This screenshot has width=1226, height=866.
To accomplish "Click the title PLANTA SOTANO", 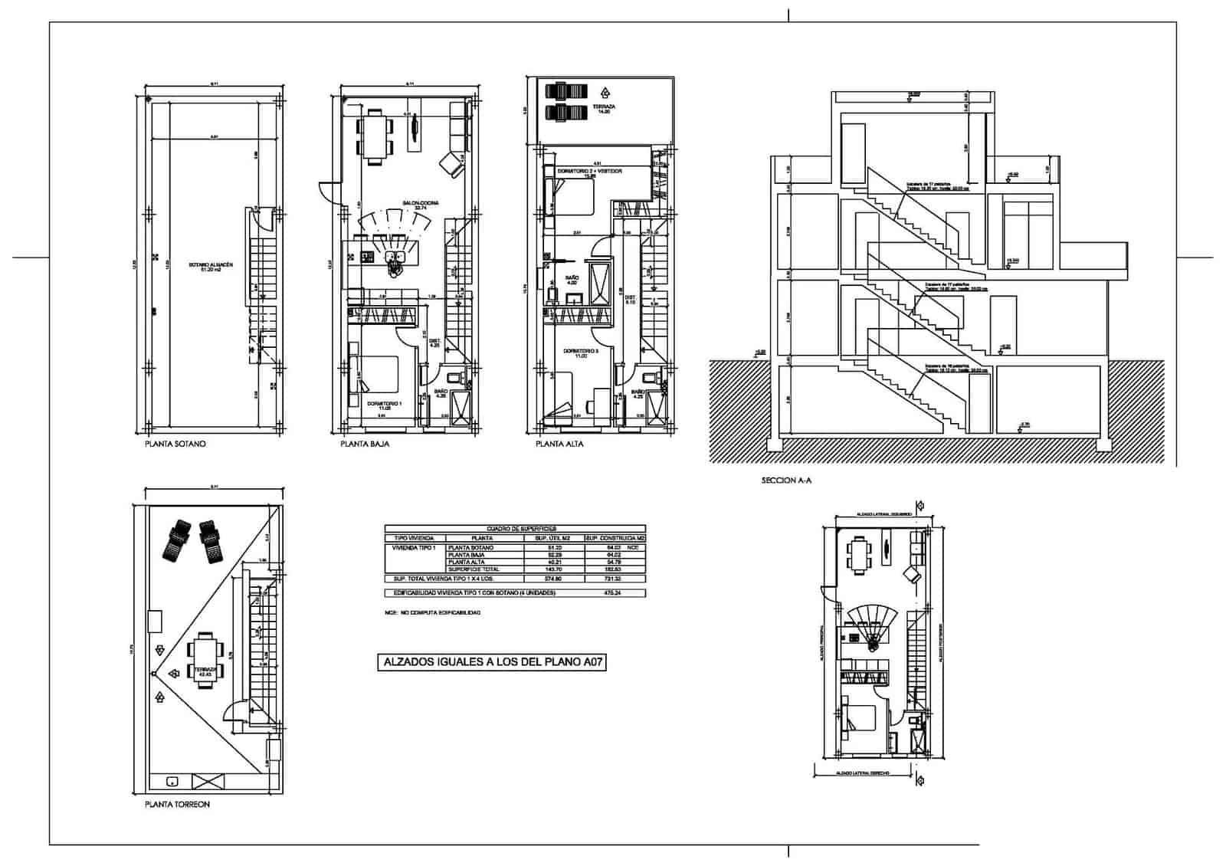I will tap(175, 444).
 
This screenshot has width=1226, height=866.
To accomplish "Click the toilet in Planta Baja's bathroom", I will tap(454, 377).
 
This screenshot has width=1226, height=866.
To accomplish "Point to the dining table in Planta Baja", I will tap(375, 136).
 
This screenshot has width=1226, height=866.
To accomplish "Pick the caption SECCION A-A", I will tap(786, 481).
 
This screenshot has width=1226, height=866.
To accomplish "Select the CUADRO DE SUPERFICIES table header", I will tap(515, 529).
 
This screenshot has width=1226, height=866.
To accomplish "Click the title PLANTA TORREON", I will tap(177, 805).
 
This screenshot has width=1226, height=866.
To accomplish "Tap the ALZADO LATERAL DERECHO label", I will tap(862, 774).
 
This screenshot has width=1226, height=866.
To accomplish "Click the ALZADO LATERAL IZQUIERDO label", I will tap(874, 514).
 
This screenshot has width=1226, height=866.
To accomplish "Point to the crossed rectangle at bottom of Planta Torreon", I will tap(208, 781).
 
